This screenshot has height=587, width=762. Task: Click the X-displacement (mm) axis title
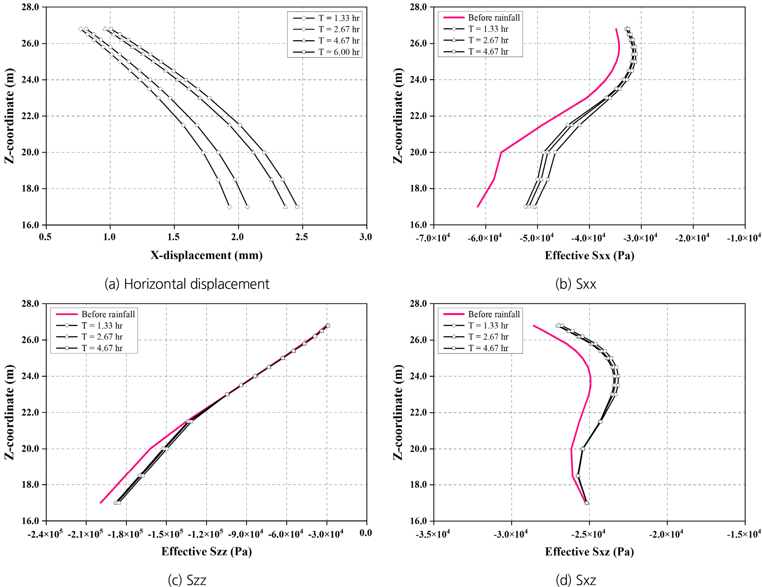tap(206, 255)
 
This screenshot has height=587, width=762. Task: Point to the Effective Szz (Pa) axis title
tap(206, 551)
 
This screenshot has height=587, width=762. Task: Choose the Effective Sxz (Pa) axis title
tap(589, 551)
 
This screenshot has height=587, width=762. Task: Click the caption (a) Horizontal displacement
tap(187, 284)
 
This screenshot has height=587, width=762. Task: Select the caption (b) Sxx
tap(576, 284)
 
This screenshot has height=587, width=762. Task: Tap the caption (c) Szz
tap(187, 580)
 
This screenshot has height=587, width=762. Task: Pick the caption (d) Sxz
tap(576, 580)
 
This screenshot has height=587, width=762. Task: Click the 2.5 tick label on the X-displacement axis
tap(302, 237)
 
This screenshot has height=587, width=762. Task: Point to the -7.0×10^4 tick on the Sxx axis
tap(433, 238)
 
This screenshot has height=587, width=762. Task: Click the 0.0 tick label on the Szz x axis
tap(366, 533)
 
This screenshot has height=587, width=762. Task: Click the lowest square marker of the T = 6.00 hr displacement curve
tap(297, 207)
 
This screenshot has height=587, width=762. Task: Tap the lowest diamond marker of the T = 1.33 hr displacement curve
tap(229, 207)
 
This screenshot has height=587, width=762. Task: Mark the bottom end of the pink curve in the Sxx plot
tap(478, 207)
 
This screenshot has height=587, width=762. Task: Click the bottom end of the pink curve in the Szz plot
tap(101, 502)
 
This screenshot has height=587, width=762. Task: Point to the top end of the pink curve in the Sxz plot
tap(534, 325)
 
